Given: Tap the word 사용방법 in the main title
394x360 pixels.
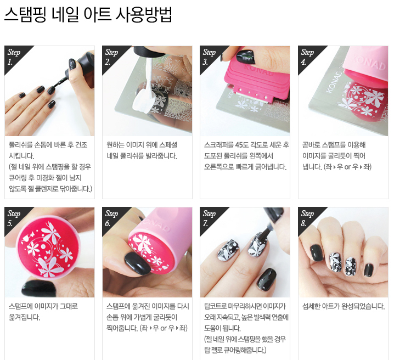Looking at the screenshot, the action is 144,15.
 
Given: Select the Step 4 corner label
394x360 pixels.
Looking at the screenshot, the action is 307,57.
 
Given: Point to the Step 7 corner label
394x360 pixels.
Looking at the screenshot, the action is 209,218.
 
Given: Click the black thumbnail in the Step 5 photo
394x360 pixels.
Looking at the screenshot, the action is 40,289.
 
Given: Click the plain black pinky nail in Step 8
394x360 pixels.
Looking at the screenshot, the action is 368,270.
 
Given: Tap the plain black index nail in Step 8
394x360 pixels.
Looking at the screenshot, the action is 317,253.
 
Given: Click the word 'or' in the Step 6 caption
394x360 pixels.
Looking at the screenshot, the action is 164,328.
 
